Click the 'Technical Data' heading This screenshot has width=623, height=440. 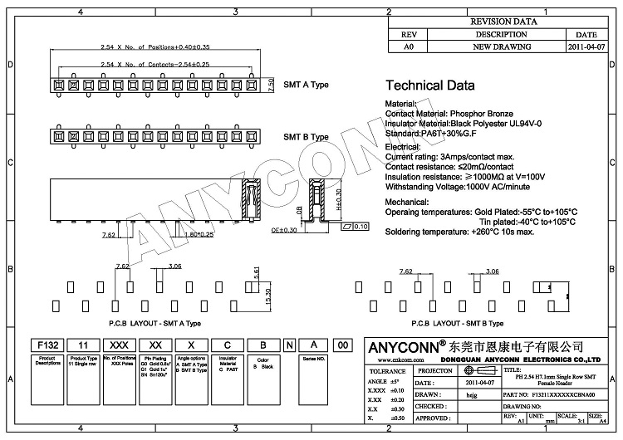point(430,86)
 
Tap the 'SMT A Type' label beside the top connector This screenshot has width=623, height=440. point(307,86)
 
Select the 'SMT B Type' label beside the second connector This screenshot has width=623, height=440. point(307,137)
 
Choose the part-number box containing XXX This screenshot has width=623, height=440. point(119,345)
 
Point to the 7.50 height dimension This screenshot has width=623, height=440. point(271,84)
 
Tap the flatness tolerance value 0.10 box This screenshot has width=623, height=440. point(361,225)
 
